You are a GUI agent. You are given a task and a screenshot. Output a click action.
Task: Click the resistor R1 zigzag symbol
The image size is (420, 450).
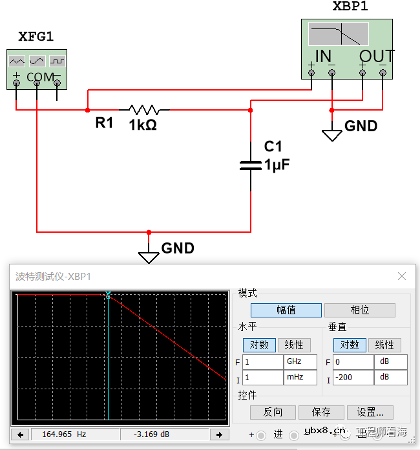pyautogui.click(x=143, y=109)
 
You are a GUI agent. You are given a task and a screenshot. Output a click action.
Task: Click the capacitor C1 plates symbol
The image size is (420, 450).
pyautogui.click(x=251, y=166)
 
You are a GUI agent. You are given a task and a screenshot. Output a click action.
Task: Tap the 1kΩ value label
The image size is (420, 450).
pyautogui.click(x=143, y=125)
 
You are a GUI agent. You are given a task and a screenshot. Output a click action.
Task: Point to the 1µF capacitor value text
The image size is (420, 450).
pyautogui.click(x=277, y=165)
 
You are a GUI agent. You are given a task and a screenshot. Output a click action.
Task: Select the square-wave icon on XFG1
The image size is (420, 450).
pyautogui.click(x=58, y=61)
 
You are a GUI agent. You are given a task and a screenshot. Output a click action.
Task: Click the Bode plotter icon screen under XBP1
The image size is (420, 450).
pyautogui.click(x=338, y=34)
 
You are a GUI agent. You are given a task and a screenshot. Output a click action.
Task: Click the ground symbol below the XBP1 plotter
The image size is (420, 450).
pyautogui.click(x=331, y=134)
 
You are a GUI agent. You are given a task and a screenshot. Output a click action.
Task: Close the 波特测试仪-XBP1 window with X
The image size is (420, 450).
pyautogui.click(x=402, y=276)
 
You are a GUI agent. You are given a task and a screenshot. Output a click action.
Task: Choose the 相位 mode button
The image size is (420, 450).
pyautogui.click(x=359, y=310)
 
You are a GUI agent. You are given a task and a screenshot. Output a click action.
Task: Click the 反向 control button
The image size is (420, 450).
pyautogui.click(x=273, y=412)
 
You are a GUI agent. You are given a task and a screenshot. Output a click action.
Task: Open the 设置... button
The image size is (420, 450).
pyautogui.click(x=370, y=412)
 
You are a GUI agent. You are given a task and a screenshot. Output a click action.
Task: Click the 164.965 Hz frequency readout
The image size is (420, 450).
pyautogui.click(x=63, y=434)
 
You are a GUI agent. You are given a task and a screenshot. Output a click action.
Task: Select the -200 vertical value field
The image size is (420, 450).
pyautogui.click(x=353, y=377)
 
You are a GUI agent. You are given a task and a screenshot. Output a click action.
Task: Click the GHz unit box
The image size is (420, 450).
pyautogui.click(x=300, y=362)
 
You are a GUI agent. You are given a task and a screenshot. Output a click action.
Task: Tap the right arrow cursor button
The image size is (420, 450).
pyautogui.click(x=220, y=434)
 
